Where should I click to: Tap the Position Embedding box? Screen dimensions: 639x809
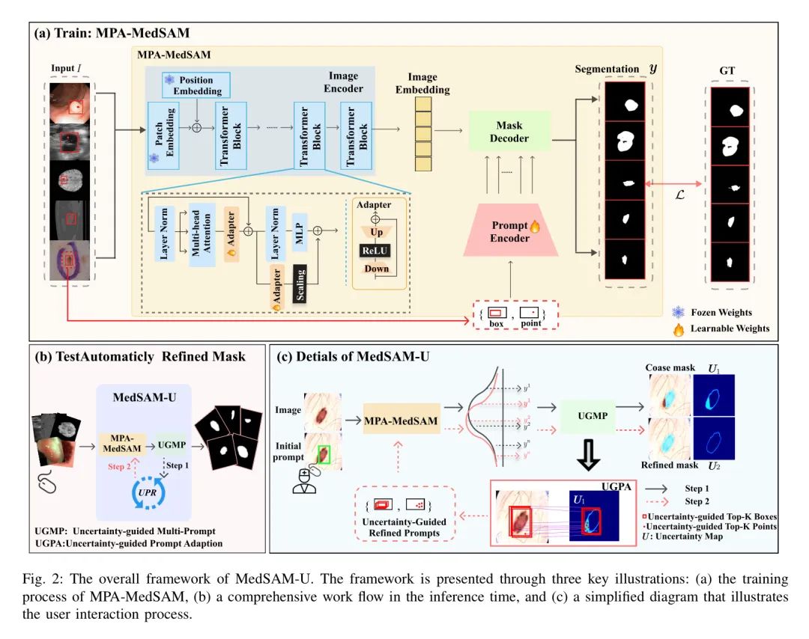tap(196, 85)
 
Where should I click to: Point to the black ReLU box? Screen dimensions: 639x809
tap(377, 250)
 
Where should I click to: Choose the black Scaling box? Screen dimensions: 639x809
tap(300, 286)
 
